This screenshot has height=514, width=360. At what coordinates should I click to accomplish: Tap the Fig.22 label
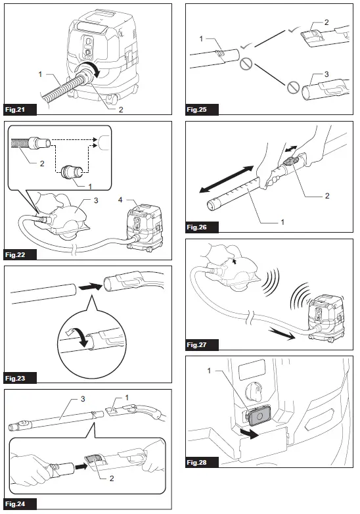coord(18,252)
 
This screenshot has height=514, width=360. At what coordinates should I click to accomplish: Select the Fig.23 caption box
coord(18,378)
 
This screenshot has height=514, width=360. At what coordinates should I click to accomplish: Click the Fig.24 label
coord(18,504)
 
